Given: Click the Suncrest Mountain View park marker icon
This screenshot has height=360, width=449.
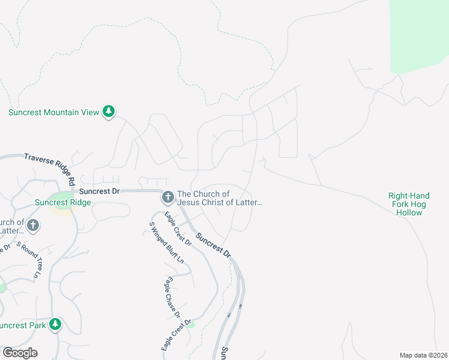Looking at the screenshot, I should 109,112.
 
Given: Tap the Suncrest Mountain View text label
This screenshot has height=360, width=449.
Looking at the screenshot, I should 53,112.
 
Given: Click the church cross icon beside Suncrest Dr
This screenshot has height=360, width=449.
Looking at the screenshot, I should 167,196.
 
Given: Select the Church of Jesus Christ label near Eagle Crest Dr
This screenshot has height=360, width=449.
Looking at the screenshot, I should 220,199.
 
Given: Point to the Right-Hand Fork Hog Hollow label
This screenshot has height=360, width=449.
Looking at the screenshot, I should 409,204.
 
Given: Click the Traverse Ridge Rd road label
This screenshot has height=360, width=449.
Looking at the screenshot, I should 51,167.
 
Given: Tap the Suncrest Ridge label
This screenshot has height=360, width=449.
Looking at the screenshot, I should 63,202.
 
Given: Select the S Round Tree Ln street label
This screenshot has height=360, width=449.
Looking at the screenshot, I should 28,259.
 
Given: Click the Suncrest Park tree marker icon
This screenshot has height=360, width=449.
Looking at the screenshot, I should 55,325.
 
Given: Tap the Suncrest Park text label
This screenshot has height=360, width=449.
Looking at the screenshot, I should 22,325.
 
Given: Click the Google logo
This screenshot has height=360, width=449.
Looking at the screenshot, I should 20,353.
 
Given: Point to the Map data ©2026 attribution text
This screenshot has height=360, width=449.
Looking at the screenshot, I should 423,355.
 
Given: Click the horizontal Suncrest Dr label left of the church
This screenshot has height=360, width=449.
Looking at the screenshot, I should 100,191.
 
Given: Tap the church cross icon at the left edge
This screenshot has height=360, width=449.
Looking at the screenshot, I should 33,226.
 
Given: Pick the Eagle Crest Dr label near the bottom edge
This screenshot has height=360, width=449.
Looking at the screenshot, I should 175,335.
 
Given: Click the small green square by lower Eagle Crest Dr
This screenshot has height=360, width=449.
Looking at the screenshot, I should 191,325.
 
